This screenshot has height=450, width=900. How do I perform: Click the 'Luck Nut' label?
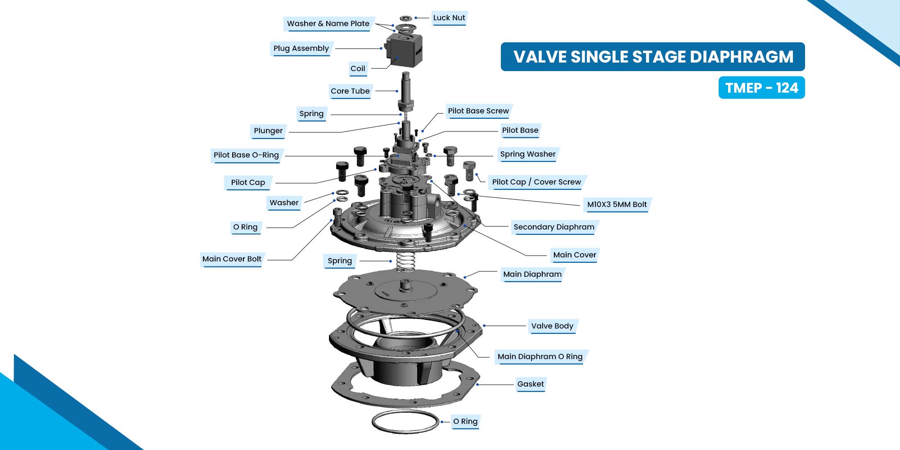point(449,18)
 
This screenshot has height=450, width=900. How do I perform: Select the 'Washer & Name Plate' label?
point(328,24)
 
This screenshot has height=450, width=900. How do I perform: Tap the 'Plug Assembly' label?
point(301,49)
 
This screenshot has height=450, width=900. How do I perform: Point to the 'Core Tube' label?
point(350,91)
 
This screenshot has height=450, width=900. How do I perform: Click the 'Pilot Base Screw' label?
point(478,111)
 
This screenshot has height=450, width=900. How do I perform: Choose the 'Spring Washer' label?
point(528,154)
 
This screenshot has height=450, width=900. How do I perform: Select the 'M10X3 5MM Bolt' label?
point(617,205)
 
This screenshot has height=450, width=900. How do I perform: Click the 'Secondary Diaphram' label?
point(554,227)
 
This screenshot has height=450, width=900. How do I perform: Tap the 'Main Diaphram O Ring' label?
point(540,357)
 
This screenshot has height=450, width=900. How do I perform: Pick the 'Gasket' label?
point(531,384)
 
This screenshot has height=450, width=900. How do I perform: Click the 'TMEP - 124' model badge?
point(761,88)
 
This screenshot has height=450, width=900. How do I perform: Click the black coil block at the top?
point(404,49)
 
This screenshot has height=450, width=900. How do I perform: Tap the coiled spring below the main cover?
point(406,261)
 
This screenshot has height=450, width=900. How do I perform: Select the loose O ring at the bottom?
point(405,422)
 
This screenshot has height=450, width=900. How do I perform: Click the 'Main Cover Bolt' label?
point(232,259)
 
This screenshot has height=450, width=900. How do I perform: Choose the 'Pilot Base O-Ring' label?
point(246,155)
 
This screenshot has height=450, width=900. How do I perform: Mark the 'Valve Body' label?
point(552,326)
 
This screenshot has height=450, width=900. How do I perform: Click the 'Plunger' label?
point(268,131)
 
